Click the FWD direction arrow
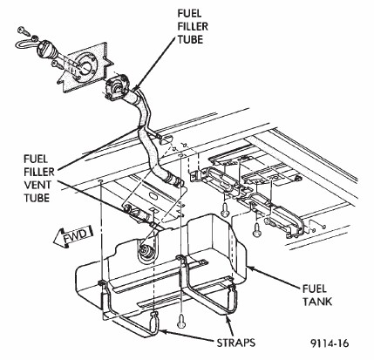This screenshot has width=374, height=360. (x=72, y=235)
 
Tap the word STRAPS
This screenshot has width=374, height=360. (x=236, y=343)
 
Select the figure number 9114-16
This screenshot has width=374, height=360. (x=330, y=343)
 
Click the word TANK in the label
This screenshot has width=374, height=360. (x=317, y=302)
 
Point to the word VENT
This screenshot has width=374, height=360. (x=37, y=185)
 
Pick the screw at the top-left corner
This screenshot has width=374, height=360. (x=22, y=31)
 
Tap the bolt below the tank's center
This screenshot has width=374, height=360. (x=181, y=321)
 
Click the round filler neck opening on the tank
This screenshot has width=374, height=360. (x=146, y=248)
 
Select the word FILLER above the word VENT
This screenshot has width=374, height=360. (x=39, y=172)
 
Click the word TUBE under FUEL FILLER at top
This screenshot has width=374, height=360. (x=190, y=39)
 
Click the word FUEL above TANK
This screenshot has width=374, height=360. (x=315, y=289)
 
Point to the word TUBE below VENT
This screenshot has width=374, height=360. (x=37, y=198)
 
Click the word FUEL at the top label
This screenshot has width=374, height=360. (x=190, y=13)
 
